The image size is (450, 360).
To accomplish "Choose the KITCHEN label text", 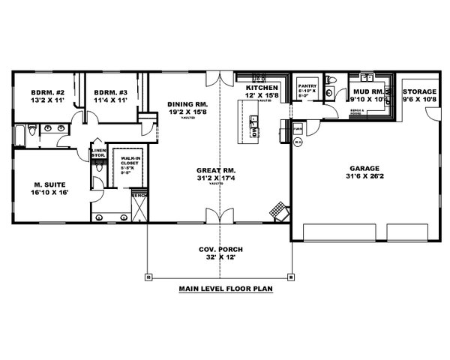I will coord(262,88).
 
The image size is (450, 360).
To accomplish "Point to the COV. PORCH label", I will coord(220,250).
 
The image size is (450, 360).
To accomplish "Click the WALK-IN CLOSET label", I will coord(122,161).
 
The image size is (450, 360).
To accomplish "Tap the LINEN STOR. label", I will coord(98,153).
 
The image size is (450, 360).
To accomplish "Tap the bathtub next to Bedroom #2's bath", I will coord(18,133).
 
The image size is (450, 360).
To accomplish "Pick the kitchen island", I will coord(253,121).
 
